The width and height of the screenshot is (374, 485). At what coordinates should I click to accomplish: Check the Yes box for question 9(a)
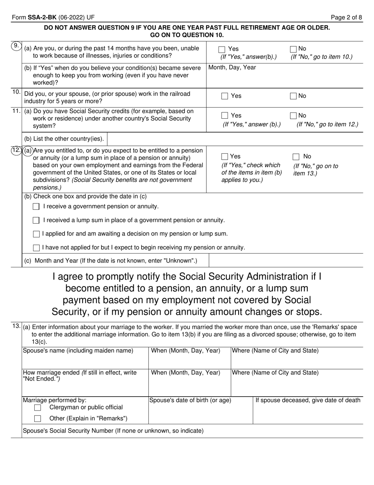coord(222,49)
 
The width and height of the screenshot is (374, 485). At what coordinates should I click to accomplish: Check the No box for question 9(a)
coord(293,49)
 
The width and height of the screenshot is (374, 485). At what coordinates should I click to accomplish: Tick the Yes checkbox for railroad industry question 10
coord(225,96)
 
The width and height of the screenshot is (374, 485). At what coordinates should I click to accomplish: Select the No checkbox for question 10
coord(293,96)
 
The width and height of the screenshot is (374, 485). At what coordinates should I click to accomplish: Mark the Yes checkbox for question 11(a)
coord(225,116)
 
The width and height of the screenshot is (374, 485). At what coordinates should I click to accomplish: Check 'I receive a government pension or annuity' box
coord(36,207)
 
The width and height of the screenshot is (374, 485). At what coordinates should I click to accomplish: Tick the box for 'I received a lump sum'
coord(36,220)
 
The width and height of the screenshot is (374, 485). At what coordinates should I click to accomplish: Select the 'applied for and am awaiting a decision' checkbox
coord(36,234)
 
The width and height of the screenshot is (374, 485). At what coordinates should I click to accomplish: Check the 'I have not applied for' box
coord(36,248)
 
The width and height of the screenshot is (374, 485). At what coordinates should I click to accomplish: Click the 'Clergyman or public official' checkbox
coord(38,407)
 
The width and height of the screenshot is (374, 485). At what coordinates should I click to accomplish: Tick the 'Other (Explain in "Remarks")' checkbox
coord(38,419)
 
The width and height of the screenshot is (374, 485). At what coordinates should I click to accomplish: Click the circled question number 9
coord(16,46)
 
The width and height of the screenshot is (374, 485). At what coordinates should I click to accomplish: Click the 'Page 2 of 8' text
coord(346,17)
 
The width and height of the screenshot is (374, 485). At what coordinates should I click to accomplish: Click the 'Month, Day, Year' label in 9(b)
coord(232,67)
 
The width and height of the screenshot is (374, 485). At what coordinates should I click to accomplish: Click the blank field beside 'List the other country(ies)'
coord(236,139)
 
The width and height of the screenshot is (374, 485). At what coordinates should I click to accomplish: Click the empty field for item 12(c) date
coord(285,261)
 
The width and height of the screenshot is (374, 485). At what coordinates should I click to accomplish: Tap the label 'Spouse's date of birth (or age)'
coord(190,401)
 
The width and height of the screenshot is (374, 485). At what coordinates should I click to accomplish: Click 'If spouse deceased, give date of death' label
coord(308,401)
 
